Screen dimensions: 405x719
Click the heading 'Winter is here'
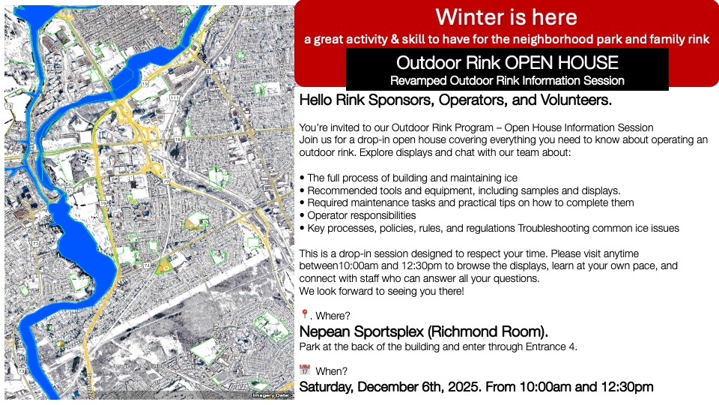pyautogui.click(x=506, y=16)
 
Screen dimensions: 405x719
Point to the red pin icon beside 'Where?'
pyautogui.click(x=304, y=315)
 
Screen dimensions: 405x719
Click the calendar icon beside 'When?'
pyautogui.click(x=304, y=370)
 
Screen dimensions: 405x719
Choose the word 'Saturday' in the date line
pyautogui.click(x=327, y=387)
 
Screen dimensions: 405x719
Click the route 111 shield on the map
pyautogui.click(x=174, y=98)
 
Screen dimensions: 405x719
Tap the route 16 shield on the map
pyautogui.click(x=177, y=139)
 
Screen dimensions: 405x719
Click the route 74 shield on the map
pyautogui.click(x=147, y=265)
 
